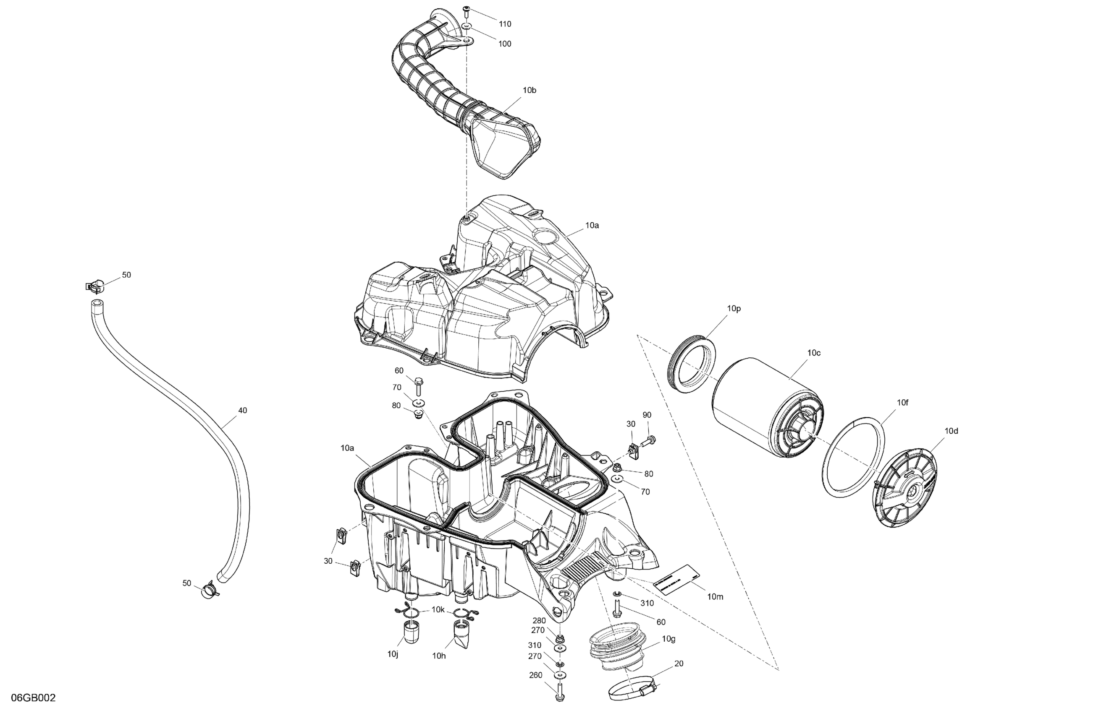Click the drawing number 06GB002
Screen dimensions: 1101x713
33,698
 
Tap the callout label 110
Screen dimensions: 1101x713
505,24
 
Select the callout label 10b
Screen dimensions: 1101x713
529,91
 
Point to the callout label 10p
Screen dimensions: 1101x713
734,309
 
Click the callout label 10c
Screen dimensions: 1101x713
814,353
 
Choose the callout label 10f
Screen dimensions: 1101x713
902,403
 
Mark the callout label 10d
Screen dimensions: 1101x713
951,431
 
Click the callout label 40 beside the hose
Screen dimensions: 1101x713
242,410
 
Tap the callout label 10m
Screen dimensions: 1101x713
715,597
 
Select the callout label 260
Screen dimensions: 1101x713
535,675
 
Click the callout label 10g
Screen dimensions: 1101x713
668,639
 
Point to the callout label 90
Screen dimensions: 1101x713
647,415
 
